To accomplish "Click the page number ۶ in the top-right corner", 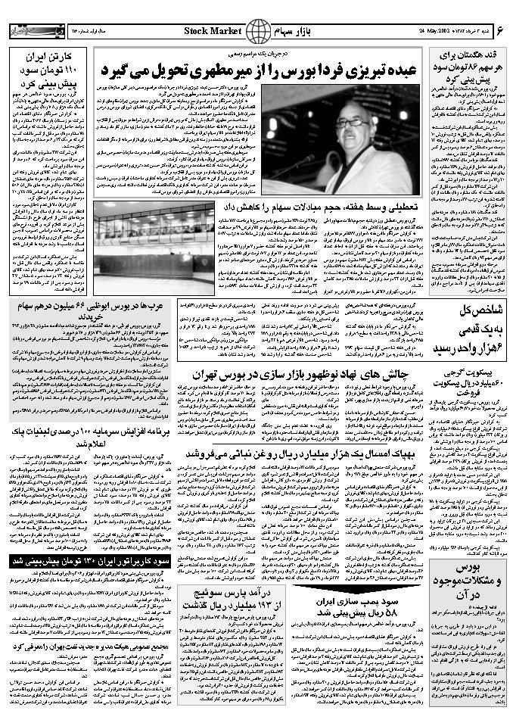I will click(500, 30).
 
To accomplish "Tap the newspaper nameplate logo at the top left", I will click(33, 30).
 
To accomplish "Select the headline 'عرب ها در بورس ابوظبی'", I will click(89, 308).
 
